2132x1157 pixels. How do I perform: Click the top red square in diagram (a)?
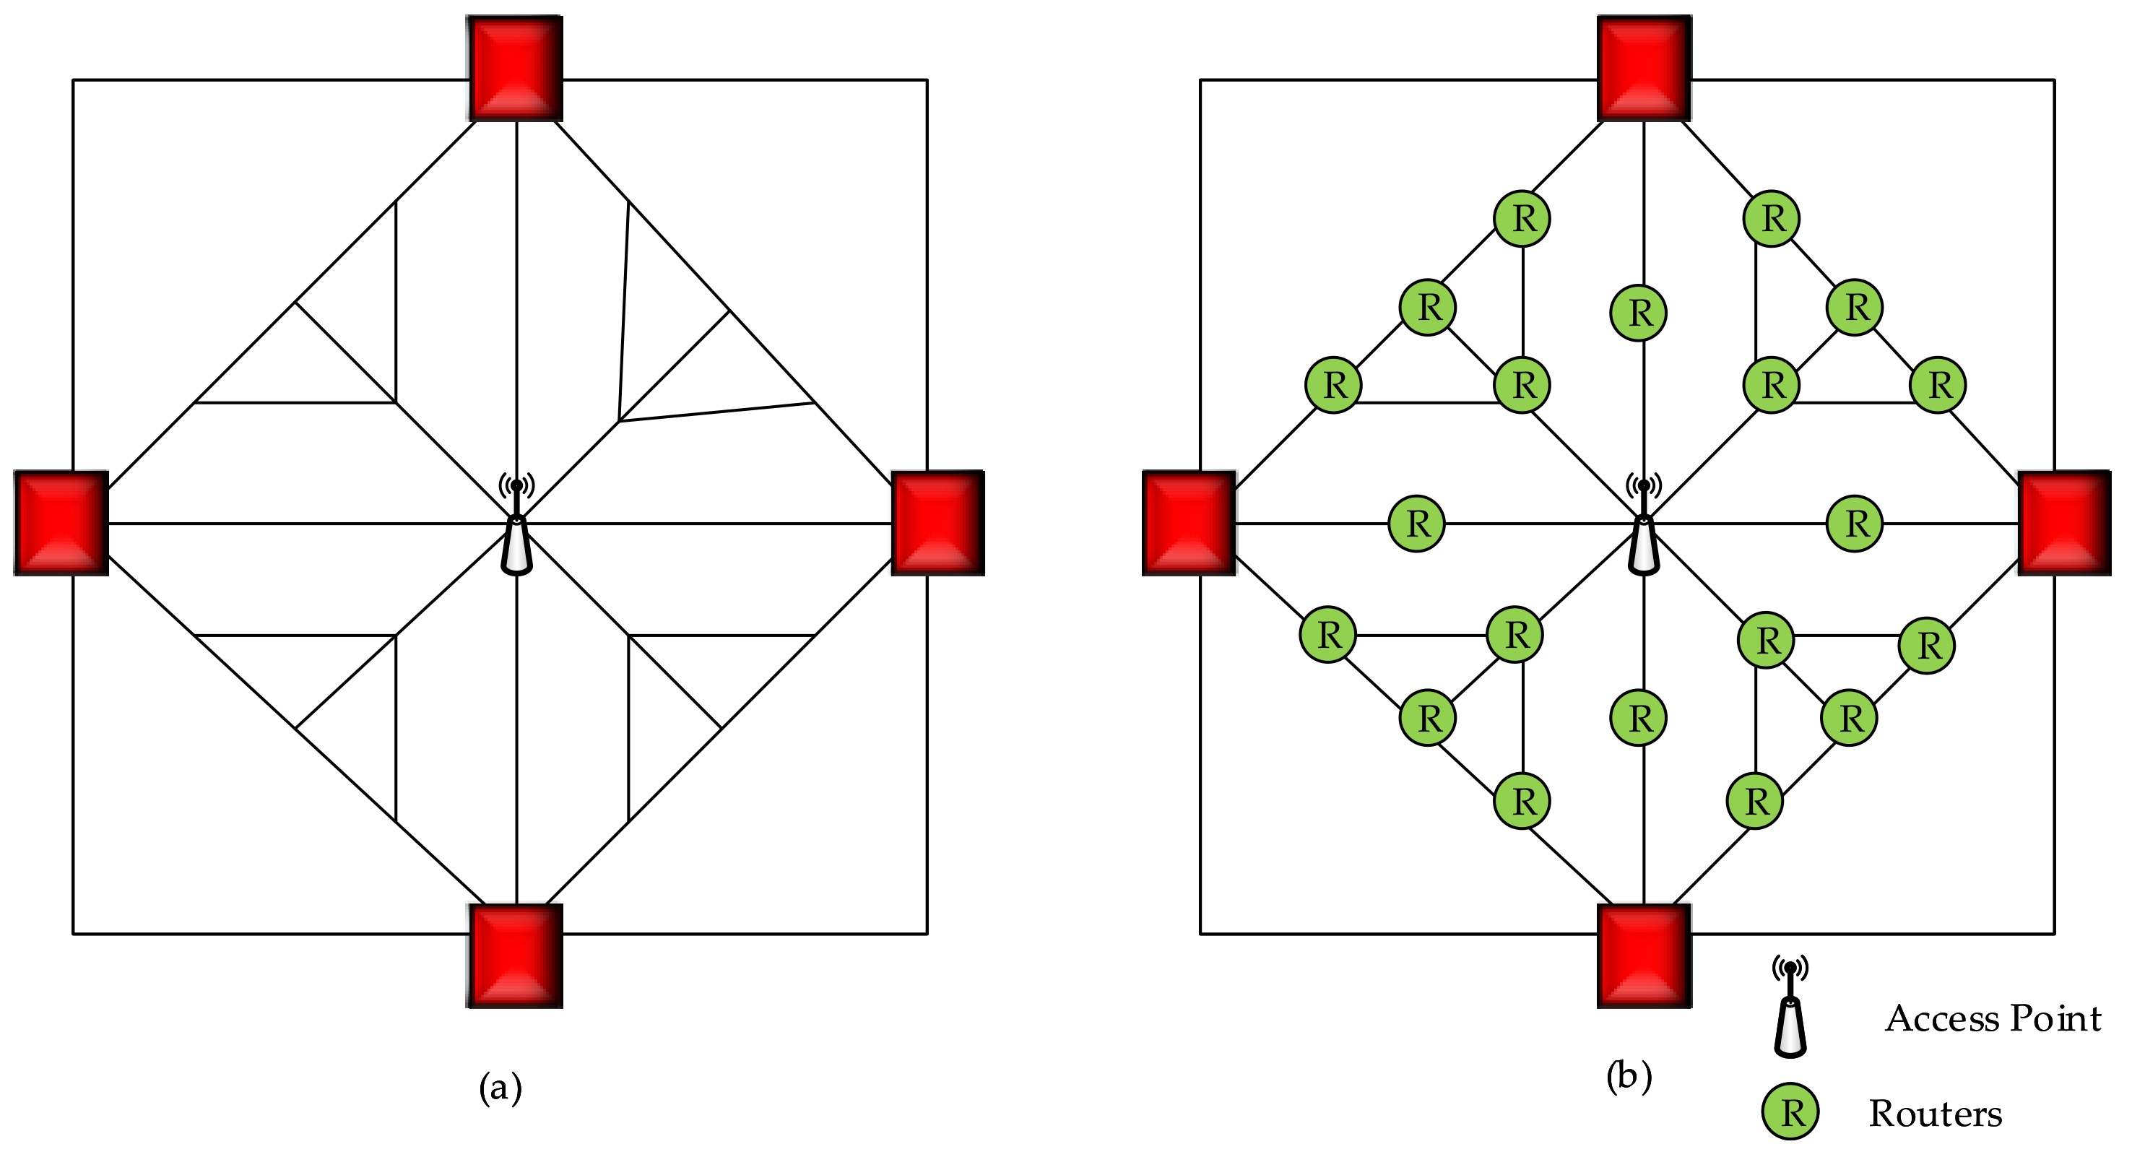(516, 69)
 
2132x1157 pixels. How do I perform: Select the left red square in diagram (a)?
(61, 523)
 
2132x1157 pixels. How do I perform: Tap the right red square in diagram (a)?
(937, 523)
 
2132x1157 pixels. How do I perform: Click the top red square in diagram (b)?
(1644, 69)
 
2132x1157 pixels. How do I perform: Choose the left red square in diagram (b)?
(1189, 523)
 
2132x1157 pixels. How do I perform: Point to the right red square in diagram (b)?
(2064, 523)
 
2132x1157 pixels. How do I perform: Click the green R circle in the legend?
(1790, 1111)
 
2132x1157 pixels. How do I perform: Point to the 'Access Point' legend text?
(1993, 1018)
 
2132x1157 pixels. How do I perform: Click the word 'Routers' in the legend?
(1935, 1113)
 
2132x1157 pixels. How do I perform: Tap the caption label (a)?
(500, 1088)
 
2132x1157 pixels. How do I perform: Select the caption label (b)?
(1629, 1076)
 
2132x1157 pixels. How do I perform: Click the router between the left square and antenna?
(1417, 523)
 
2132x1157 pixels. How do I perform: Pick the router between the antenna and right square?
(1855, 523)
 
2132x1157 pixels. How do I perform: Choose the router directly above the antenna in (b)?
(1639, 313)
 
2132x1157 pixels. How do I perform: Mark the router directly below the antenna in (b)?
(1639, 718)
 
